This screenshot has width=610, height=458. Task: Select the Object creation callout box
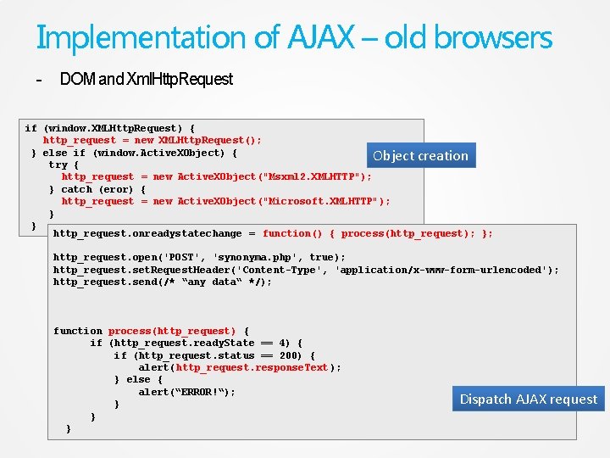[x=420, y=156]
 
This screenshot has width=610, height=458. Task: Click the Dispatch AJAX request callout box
[x=529, y=399]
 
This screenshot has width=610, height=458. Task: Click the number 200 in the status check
[x=291, y=355]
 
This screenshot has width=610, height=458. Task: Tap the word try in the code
[x=58, y=165]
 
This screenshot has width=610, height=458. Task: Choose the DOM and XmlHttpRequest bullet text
[x=146, y=79]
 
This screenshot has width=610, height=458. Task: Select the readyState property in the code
[x=224, y=343]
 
